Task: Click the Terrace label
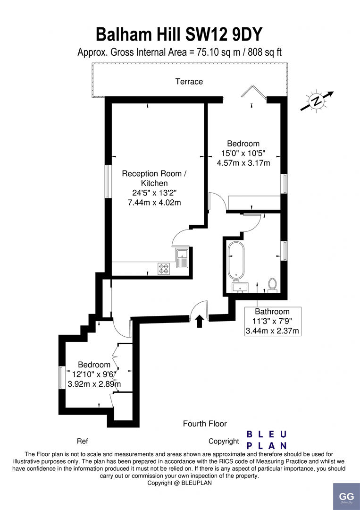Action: pyautogui.click(x=189, y=82)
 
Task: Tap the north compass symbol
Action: pyautogui.click(x=316, y=101)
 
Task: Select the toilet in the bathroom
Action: pyautogui.click(x=272, y=285)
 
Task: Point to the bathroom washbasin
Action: pyautogui.click(x=241, y=287)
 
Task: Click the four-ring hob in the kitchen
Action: pyautogui.click(x=164, y=268)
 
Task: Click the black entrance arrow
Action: pyautogui.click(x=200, y=321)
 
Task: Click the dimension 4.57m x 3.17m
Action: pyautogui.click(x=243, y=163)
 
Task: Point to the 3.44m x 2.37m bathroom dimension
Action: pyautogui.click(x=273, y=331)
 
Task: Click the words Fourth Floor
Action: pyautogui.click(x=205, y=424)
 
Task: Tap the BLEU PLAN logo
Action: pyautogui.click(x=267, y=440)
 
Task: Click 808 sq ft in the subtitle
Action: pyautogui.click(x=261, y=52)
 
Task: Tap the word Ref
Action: pyautogui.click(x=82, y=442)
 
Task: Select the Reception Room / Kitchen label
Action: pyautogui.click(x=154, y=178)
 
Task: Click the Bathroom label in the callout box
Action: pyautogui.click(x=272, y=312)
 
